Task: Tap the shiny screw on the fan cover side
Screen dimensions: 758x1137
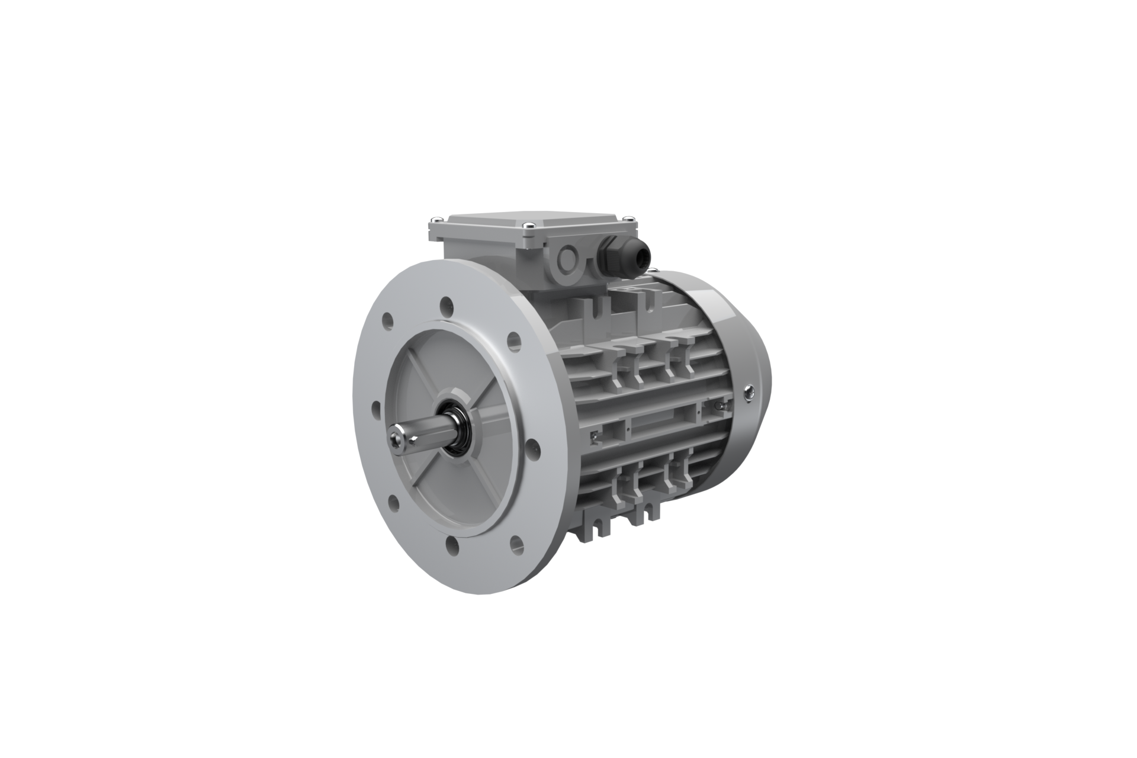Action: (750, 390)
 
